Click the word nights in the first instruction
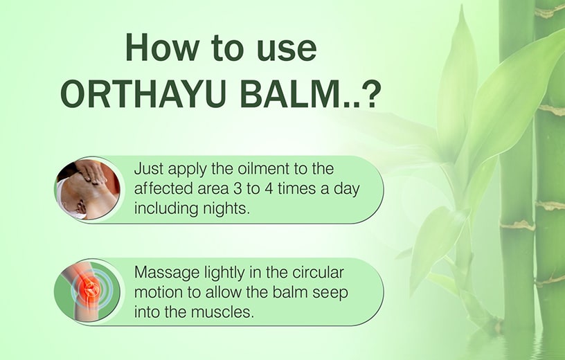coord(224,208)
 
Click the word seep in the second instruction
coord(330,292)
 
